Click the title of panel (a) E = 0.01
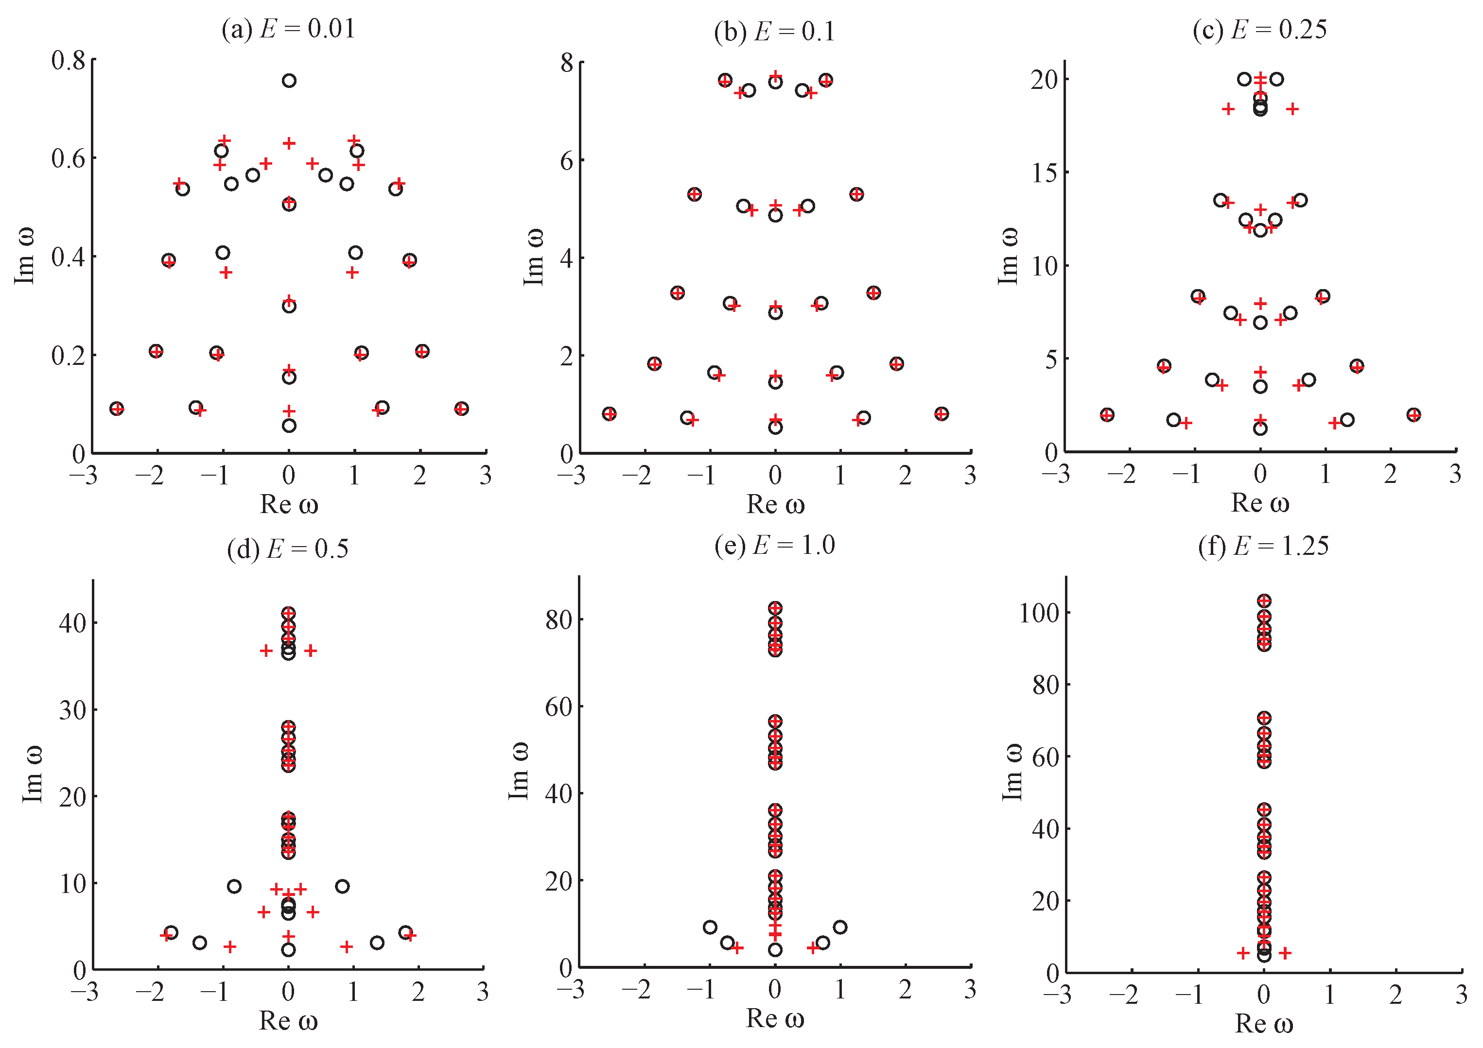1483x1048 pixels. coord(288,30)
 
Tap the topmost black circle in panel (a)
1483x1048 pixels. coord(289,81)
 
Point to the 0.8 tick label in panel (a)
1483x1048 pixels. coord(69,61)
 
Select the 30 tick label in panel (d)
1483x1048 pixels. coord(72,710)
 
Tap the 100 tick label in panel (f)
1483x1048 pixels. coord(1039,613)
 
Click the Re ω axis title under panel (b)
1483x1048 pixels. coord(775,504)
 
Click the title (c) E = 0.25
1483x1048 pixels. coord(1259,30)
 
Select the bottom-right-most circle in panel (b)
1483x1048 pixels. coord(941,414)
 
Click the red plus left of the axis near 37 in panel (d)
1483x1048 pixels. coord(266,651)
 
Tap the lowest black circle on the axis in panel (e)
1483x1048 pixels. coord(775,950)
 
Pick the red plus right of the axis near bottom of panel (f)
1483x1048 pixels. coord(1285,953)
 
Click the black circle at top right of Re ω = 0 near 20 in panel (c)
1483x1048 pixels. coord(1276,79)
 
